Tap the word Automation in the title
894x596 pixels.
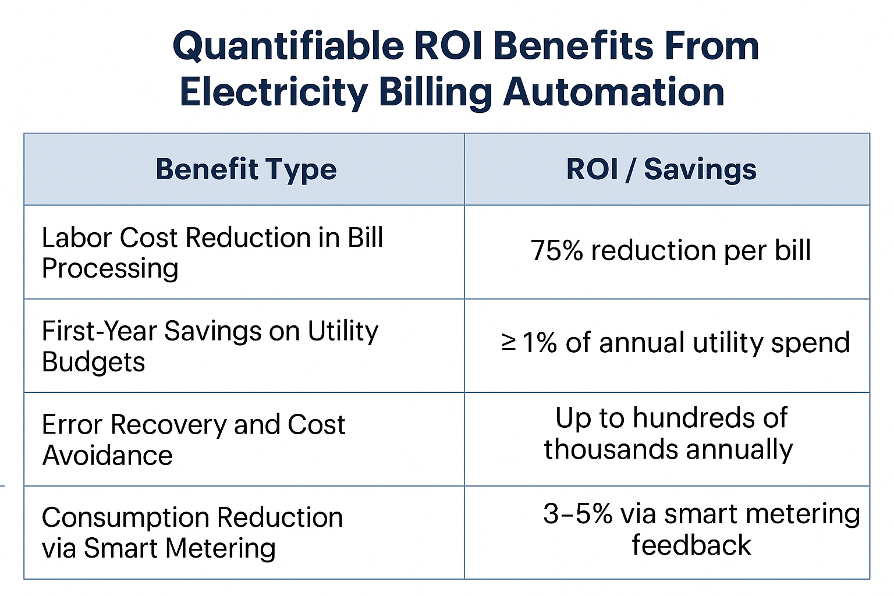[613, 93]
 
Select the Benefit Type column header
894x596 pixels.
[246, 169]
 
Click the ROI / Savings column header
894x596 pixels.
[661, 169]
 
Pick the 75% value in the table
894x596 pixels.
[556, 251]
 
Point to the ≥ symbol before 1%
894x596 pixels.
[509, 342]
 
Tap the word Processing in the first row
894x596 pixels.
[110, 269]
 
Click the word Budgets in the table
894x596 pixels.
[93, 362]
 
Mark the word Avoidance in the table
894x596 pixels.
[108, 455]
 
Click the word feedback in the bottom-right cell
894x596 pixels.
[691, 545]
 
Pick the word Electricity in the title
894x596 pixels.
[274, 93]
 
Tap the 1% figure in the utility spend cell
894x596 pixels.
[540, 342]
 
